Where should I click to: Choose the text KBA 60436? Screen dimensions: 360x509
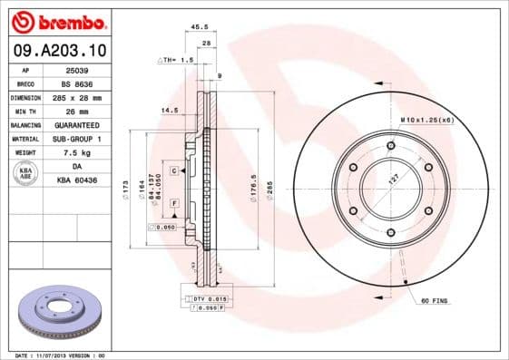(76, 180)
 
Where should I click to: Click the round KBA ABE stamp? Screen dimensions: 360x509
(26, 174)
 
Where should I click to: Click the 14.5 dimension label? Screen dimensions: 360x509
(169, 111)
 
